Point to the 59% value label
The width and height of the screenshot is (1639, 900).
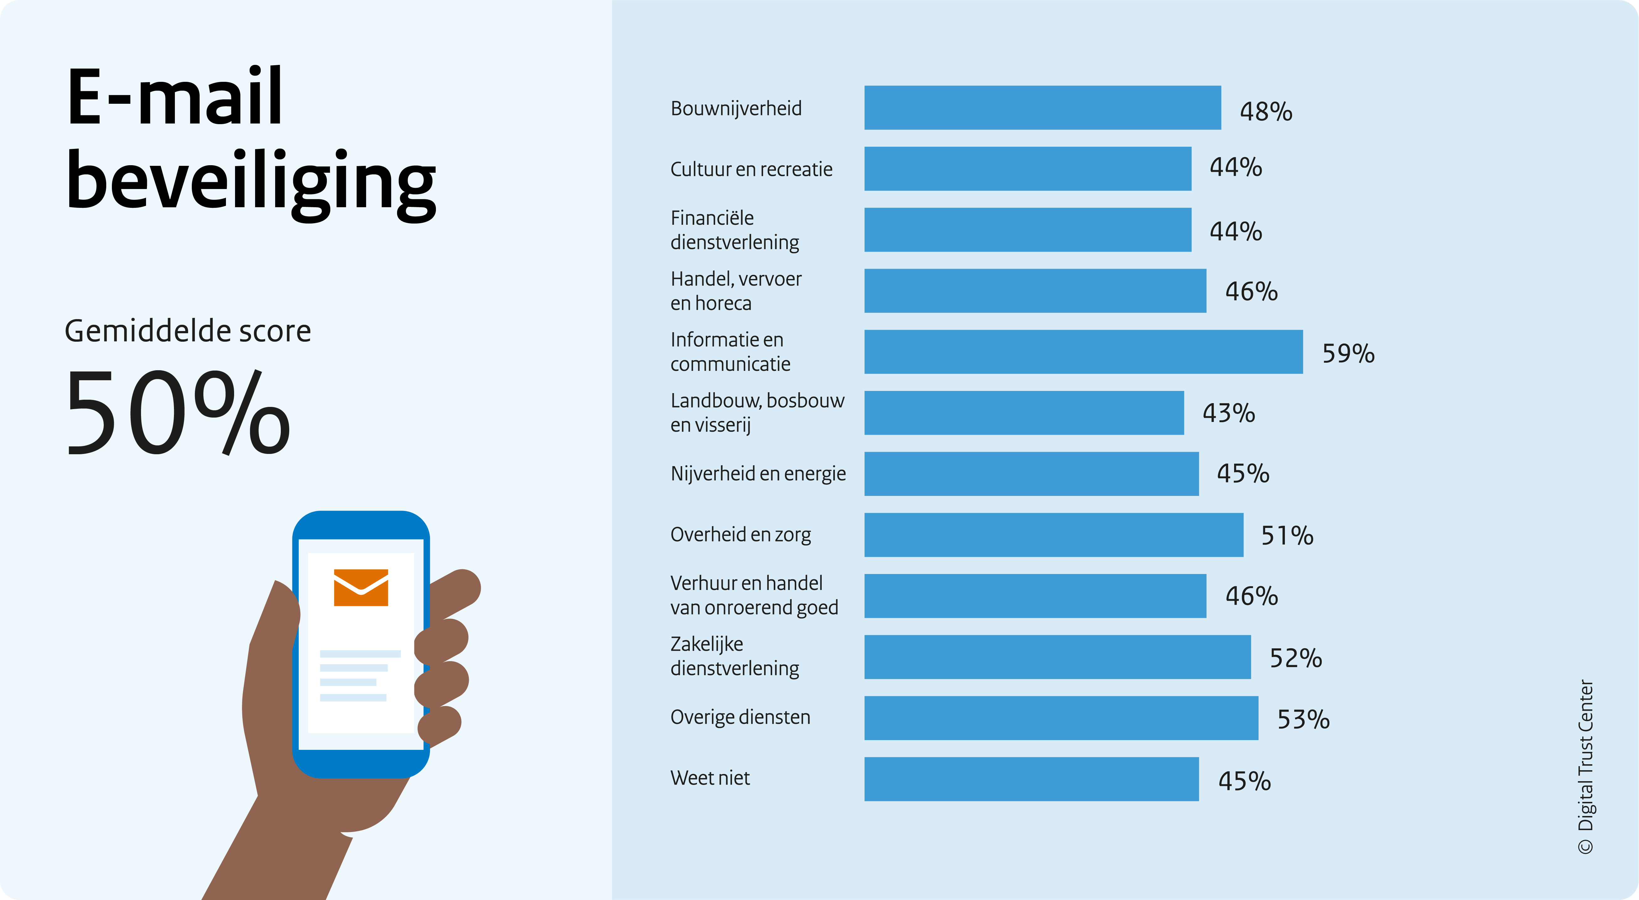click(1348, 353)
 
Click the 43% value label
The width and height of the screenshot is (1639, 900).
click(1228, 413)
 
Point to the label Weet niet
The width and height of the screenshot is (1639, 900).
click(710, 778)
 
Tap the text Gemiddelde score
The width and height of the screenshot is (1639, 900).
click(188, 331)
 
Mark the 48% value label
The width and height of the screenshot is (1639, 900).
click(1266, 111)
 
